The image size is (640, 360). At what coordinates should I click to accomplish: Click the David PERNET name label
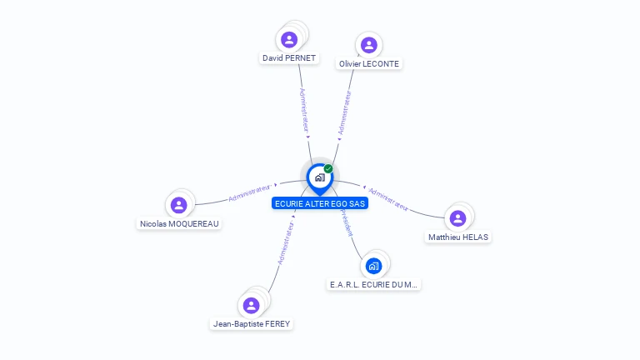click(289, 58)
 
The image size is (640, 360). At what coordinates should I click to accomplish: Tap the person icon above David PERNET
click(289, 39)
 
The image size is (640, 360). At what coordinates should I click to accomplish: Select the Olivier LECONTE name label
click(369, 63)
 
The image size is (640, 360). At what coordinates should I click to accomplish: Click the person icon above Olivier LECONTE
click(369, 44)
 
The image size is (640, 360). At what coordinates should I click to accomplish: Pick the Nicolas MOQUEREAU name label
click(180, 223)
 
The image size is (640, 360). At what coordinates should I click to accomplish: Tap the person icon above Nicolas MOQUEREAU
click(178, 204)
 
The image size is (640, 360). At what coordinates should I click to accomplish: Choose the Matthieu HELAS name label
click(458, 237)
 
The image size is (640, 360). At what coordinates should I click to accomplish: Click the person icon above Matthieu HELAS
click(457, 218)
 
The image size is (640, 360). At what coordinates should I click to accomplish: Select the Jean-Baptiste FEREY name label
click(252, 323)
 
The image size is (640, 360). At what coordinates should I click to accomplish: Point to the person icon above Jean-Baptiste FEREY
click(251, 305)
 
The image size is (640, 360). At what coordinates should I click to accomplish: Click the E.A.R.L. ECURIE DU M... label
click(374, 284)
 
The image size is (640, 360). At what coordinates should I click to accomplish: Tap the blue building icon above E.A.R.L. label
click(373, 266)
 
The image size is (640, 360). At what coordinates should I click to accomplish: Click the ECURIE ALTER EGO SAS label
click(320, 203)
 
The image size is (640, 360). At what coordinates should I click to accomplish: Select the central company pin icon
click(319, 177)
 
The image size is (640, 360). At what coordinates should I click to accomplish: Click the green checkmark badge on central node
click(328, 169)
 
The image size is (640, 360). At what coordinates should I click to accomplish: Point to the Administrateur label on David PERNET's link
click(305, 111)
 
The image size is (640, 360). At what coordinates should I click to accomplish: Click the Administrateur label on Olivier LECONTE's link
click(344, 112)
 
